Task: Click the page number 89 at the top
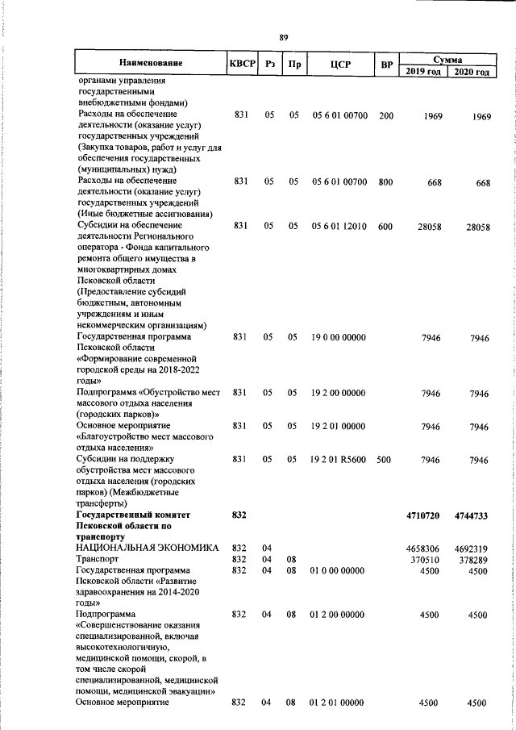pyautogui.click(x=283, y=38)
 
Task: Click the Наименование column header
pyautogui.click(x=150, y=63)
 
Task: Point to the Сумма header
pyautogui.click(x=447, y=59)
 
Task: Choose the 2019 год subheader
pyautogui.click(x=423, y=72)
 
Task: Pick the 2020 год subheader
pyautogui.click(x=472, y=72)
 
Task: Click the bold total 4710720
pyautogui.click(x=424, y=515)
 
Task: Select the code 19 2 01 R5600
pyautogui.click(x=338, y=460)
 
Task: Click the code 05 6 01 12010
pyautogui.click(x=339, y=227)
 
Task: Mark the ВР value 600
pyautogui.click(x=385, y=227)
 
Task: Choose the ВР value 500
pyautogui.click(x=385, y=460)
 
